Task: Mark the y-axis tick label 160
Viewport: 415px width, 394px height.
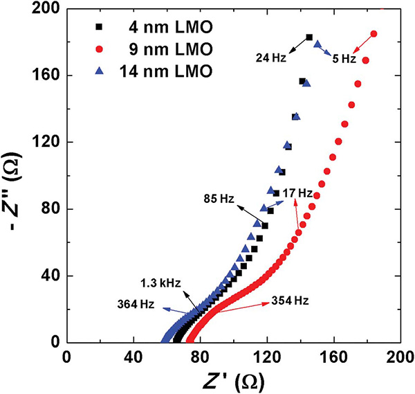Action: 46,75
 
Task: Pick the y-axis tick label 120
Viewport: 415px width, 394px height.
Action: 46,142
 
